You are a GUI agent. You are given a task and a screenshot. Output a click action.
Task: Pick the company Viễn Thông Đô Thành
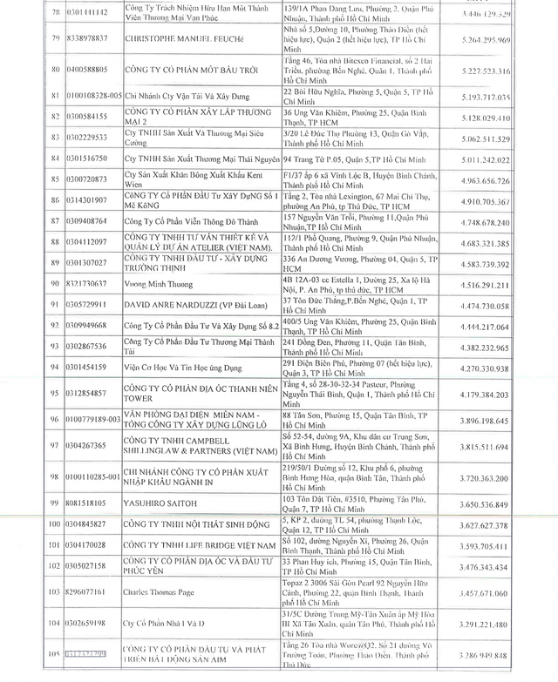181,221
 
